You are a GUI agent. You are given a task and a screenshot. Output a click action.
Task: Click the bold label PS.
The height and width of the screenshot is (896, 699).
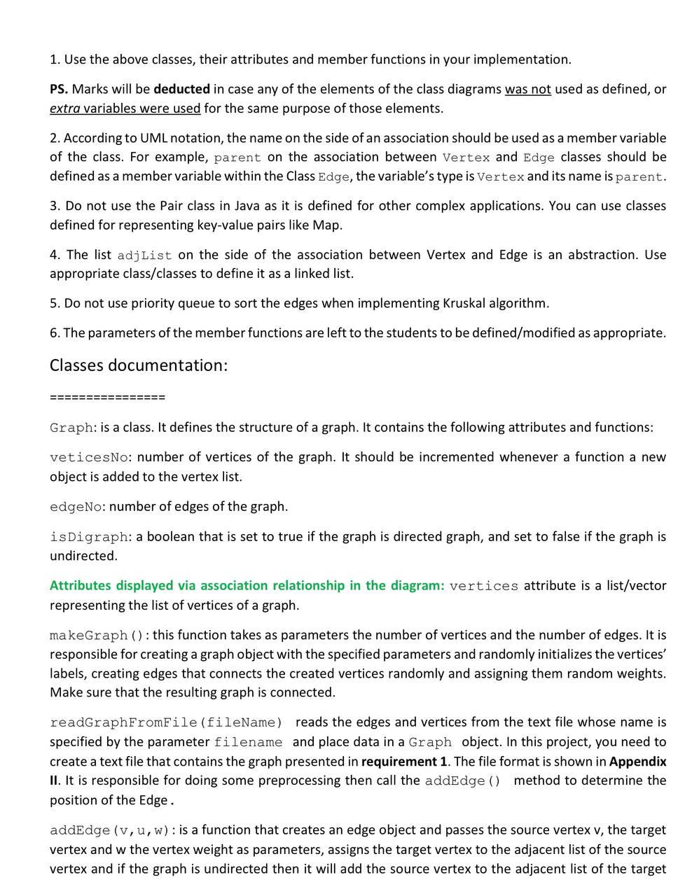[59, 89]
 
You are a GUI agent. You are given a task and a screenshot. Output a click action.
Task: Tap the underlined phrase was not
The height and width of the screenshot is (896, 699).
[527, 89]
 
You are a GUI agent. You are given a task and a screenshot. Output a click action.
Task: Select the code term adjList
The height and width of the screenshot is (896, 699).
[144, 255]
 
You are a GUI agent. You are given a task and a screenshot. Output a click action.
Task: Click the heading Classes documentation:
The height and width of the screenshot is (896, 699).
[139, 365]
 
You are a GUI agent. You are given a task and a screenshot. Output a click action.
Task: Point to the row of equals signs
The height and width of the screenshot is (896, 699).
[107, 398]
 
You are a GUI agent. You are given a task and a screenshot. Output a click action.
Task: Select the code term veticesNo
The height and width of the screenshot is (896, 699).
[89, 458]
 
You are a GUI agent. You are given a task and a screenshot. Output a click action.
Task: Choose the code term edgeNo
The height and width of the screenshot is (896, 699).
[76, 507]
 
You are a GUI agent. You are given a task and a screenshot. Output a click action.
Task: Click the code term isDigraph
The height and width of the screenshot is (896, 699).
[89, 537]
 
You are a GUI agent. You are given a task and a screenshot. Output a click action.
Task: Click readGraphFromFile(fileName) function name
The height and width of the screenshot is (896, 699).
[166, 722]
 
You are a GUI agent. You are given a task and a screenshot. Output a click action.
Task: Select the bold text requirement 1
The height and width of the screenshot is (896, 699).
[403, 761]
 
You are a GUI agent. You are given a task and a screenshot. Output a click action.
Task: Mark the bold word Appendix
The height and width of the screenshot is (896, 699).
[637, 761]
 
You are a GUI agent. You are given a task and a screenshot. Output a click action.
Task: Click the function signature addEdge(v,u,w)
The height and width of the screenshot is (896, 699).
[110, 830]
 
